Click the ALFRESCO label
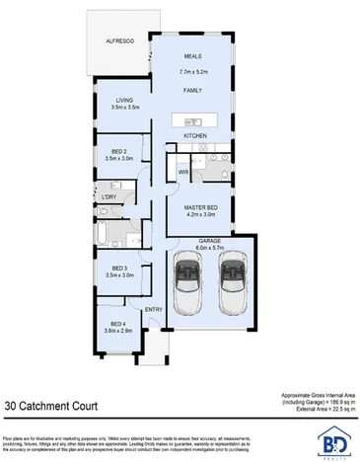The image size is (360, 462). pos(121,41)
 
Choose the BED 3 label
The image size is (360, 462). pos(118,269)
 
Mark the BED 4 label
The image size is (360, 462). pos(118,325)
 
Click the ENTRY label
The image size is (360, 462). pos(154,311)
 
